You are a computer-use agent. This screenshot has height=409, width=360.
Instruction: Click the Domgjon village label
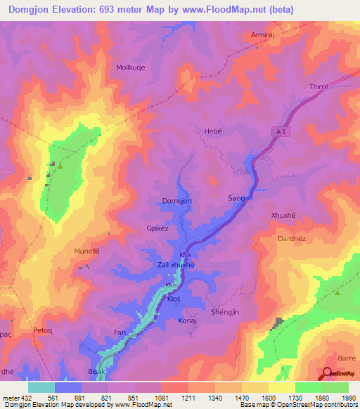point(177,201)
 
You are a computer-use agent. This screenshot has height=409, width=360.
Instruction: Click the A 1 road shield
point(280,131)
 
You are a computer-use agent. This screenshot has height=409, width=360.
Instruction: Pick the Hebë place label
point(212,131)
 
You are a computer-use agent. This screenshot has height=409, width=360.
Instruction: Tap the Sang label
point(236,198)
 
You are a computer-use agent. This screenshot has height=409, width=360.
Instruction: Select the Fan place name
point(120,331)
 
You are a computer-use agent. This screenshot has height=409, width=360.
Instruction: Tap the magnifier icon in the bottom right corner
point(328,374)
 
